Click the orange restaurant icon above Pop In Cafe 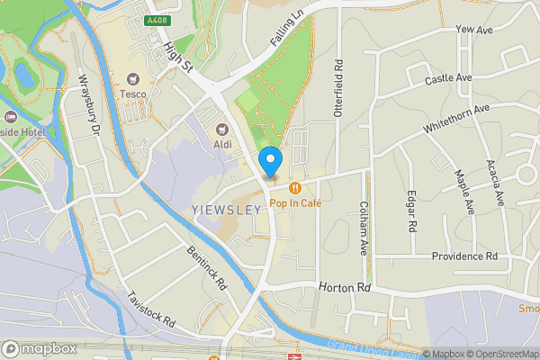[x=294, y=187]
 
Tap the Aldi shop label [x=223, y=143]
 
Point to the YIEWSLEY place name [x=227, y=209]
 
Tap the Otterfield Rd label [x=339, y=91]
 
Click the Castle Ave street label [x=448, y=79]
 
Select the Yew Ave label [x=474, y=30]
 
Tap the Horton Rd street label [x=344, y=288]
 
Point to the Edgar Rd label [x=411, y=212]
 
